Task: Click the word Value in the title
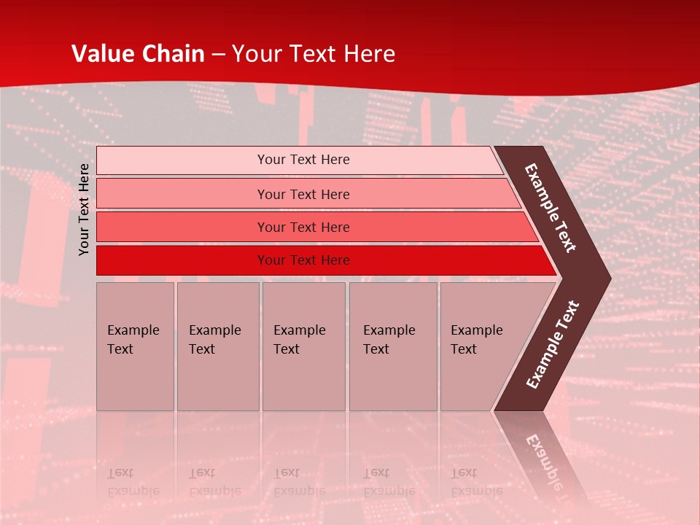(100, 54)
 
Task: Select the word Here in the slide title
(369, 54)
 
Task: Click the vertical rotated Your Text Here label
(84, 209)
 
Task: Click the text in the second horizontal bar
(303, 195)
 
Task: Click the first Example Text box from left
(135, 346)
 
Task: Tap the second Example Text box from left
(217, 346)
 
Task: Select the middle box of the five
(303, 346)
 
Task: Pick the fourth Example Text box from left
(393, 346)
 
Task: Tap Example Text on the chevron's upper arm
(551, 207)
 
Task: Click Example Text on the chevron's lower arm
(553, 344)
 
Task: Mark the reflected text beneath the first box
(133, 482)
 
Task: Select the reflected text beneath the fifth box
(476, 482)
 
